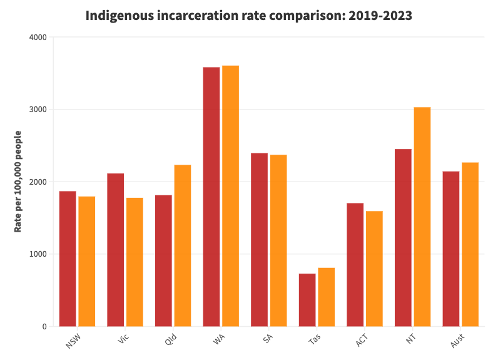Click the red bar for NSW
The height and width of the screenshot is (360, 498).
click(x=68, y=259)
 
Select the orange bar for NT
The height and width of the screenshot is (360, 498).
click(x=422, y=217)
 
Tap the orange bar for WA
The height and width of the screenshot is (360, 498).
click(x=230, y=196)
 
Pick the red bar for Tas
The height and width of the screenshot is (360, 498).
click(x=307, y=300)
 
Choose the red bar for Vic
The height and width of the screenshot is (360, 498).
click(x=116, y=250)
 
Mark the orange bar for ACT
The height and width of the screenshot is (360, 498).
click(x=374, y=269)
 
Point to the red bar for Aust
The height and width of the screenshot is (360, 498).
click(x=451, y=249)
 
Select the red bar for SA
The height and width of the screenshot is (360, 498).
click(x=259, y=240)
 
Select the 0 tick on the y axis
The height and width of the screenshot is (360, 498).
click(x=44, y=327)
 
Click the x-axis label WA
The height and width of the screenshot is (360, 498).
click(x=219, y=340)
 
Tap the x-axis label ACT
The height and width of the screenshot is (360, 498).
click(x=362, y=341)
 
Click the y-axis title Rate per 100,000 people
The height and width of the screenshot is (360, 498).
click(x=18, y=182)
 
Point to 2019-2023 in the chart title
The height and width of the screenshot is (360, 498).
click(x=382, y=16)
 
